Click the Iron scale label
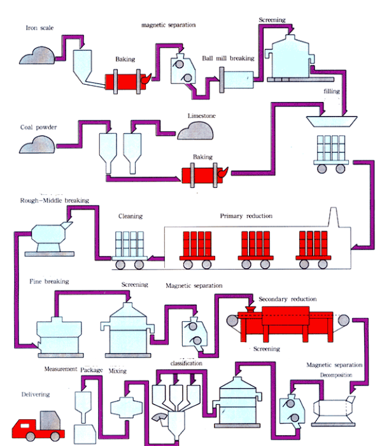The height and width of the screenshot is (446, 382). pyautogui.click(x=39, y=28)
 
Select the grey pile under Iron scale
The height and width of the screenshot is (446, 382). pyautogui.click(x=38, y=55)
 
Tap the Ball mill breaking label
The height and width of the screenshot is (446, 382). pyautogui.click(x=228, y=58)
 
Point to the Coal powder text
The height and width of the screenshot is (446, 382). pyautogui.click(x=38, y=127)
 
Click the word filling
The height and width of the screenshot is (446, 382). pyautogui.click(x=332, y=91)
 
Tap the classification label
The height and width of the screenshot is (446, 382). pyautogui.click(x=187, y=363)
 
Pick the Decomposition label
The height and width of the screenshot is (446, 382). pyautogui.click(x=336, y=375)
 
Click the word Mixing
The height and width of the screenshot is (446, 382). pyautogui.click(x=118, y=370)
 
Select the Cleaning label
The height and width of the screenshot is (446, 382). pyautogui.click(x=131, y=216)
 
